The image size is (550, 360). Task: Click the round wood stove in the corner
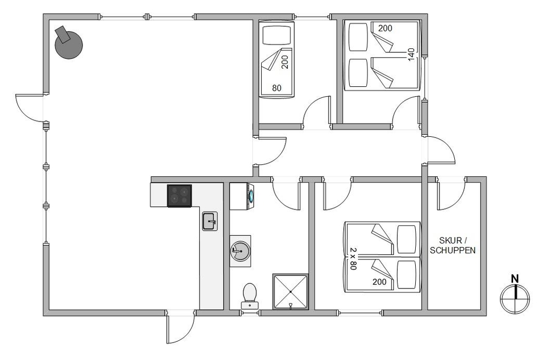pyautogui.click(x=69, y=45)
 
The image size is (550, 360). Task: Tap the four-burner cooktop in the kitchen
pyautogui.click(x=180, y=196)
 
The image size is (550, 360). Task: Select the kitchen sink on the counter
pyautogui.click(x=210, y=221)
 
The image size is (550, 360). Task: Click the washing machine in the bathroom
pyautogui.click(x=242, y=196)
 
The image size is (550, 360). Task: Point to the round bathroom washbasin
pyautogui.click(x=240, y=251)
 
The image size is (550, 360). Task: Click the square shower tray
pyautogui.click(x=290, y=292)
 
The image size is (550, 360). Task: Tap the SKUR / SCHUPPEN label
pyautogui.click(x=453, y=245)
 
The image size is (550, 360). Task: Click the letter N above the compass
pyautogui.click(x=515, y=279)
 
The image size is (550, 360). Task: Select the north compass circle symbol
pyautogui.click(x=515, y=298)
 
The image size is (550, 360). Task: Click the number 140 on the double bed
pyautogui.click(x=411, y=54)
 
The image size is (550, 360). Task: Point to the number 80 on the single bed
pyautogui.click(x=277, y=88)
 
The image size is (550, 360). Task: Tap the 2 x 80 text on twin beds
pyautogui.click(x=353, y=258)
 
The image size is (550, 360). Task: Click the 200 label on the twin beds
pyautogui.click(x=380, y=281)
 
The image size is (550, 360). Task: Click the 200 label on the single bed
pyautogui.click(x=284, y=62)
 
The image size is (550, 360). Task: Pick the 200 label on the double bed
pyautogui.click(x=385, y=29)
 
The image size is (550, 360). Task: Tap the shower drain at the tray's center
pyautogui.click(x=290, y=292)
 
